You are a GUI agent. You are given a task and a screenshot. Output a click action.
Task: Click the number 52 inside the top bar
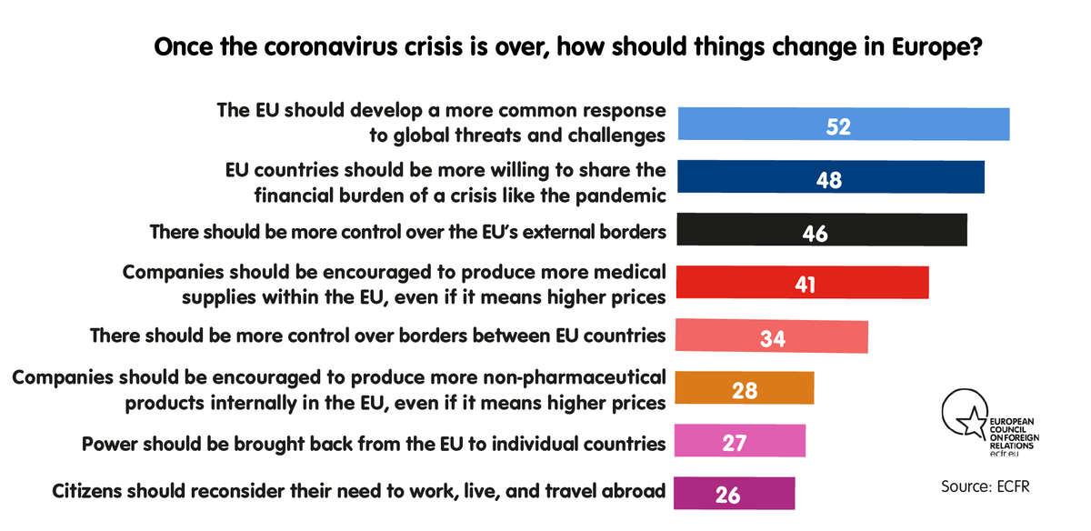(837, 125)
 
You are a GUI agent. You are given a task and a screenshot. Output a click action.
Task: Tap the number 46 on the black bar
(815, 233)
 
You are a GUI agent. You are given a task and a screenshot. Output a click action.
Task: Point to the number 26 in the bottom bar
(726, 496)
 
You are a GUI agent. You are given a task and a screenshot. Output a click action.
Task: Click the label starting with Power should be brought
(373, 444)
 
